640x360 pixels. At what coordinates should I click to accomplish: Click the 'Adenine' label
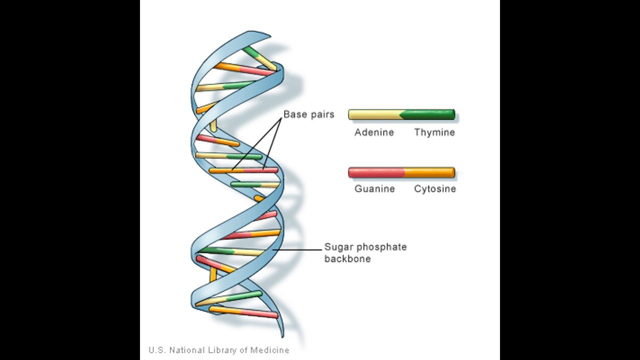coord(374,132)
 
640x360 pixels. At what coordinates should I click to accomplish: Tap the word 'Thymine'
coord(434,132)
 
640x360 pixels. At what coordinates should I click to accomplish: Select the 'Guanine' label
coord(374,189)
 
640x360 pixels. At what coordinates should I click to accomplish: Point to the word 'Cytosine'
coord(434,189)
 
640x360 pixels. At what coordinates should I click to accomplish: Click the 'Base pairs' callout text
coord(308,114)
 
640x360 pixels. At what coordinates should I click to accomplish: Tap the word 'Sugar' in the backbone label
coord(336,247)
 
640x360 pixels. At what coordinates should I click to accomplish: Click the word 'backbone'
coord(347,259)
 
